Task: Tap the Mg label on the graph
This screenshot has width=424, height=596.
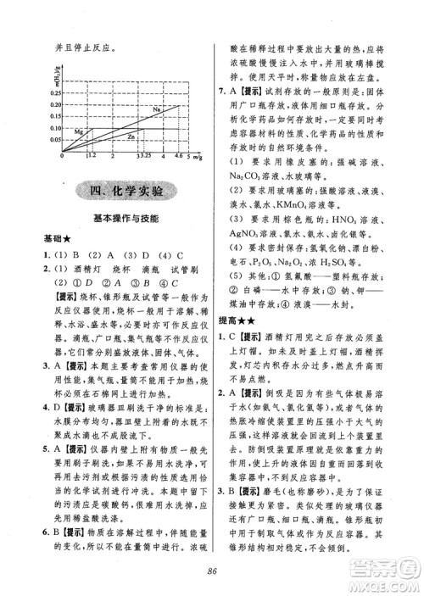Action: tap(80, 132)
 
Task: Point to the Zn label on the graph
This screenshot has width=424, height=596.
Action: tap(130, 136)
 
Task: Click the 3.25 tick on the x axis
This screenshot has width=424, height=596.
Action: tap(142, 157)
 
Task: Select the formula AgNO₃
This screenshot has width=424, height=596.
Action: tap(252, 232)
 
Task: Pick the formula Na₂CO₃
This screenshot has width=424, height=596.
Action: tap(254, 178)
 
